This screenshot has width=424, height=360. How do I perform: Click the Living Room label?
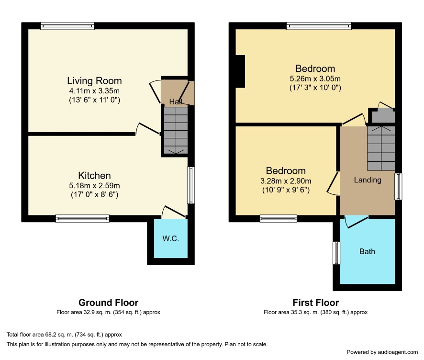pos(94,80)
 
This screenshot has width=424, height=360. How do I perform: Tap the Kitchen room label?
pos(94,176)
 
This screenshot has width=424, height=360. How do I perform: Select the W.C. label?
pos(171,238)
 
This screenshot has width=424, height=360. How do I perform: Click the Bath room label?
pos(367,251)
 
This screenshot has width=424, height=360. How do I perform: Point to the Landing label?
pos(368,180)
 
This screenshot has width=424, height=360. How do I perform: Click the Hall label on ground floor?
pos(176,101)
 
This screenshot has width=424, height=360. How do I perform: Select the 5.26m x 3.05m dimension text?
pos(315,79)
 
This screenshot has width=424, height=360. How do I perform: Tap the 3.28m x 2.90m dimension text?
pos(286,181)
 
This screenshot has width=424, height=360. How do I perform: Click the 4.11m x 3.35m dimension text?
pos(94,91)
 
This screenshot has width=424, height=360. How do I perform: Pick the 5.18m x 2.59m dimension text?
pos(94,186)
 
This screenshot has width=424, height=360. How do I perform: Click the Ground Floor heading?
pos(108,303)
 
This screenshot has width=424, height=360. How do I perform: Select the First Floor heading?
pos(315,303)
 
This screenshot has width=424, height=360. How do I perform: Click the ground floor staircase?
pos(176,131)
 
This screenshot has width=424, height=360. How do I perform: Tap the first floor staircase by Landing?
pos(381,148)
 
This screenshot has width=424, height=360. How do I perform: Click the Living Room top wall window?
pos(67,26)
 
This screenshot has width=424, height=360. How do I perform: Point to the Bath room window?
pos(336,253)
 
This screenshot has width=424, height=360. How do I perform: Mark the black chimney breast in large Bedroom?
pos(240,71)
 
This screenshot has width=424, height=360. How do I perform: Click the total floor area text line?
pos(64,335)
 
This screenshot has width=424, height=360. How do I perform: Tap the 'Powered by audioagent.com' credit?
pos(382,352)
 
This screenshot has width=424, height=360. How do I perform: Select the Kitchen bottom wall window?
pos(82,218)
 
